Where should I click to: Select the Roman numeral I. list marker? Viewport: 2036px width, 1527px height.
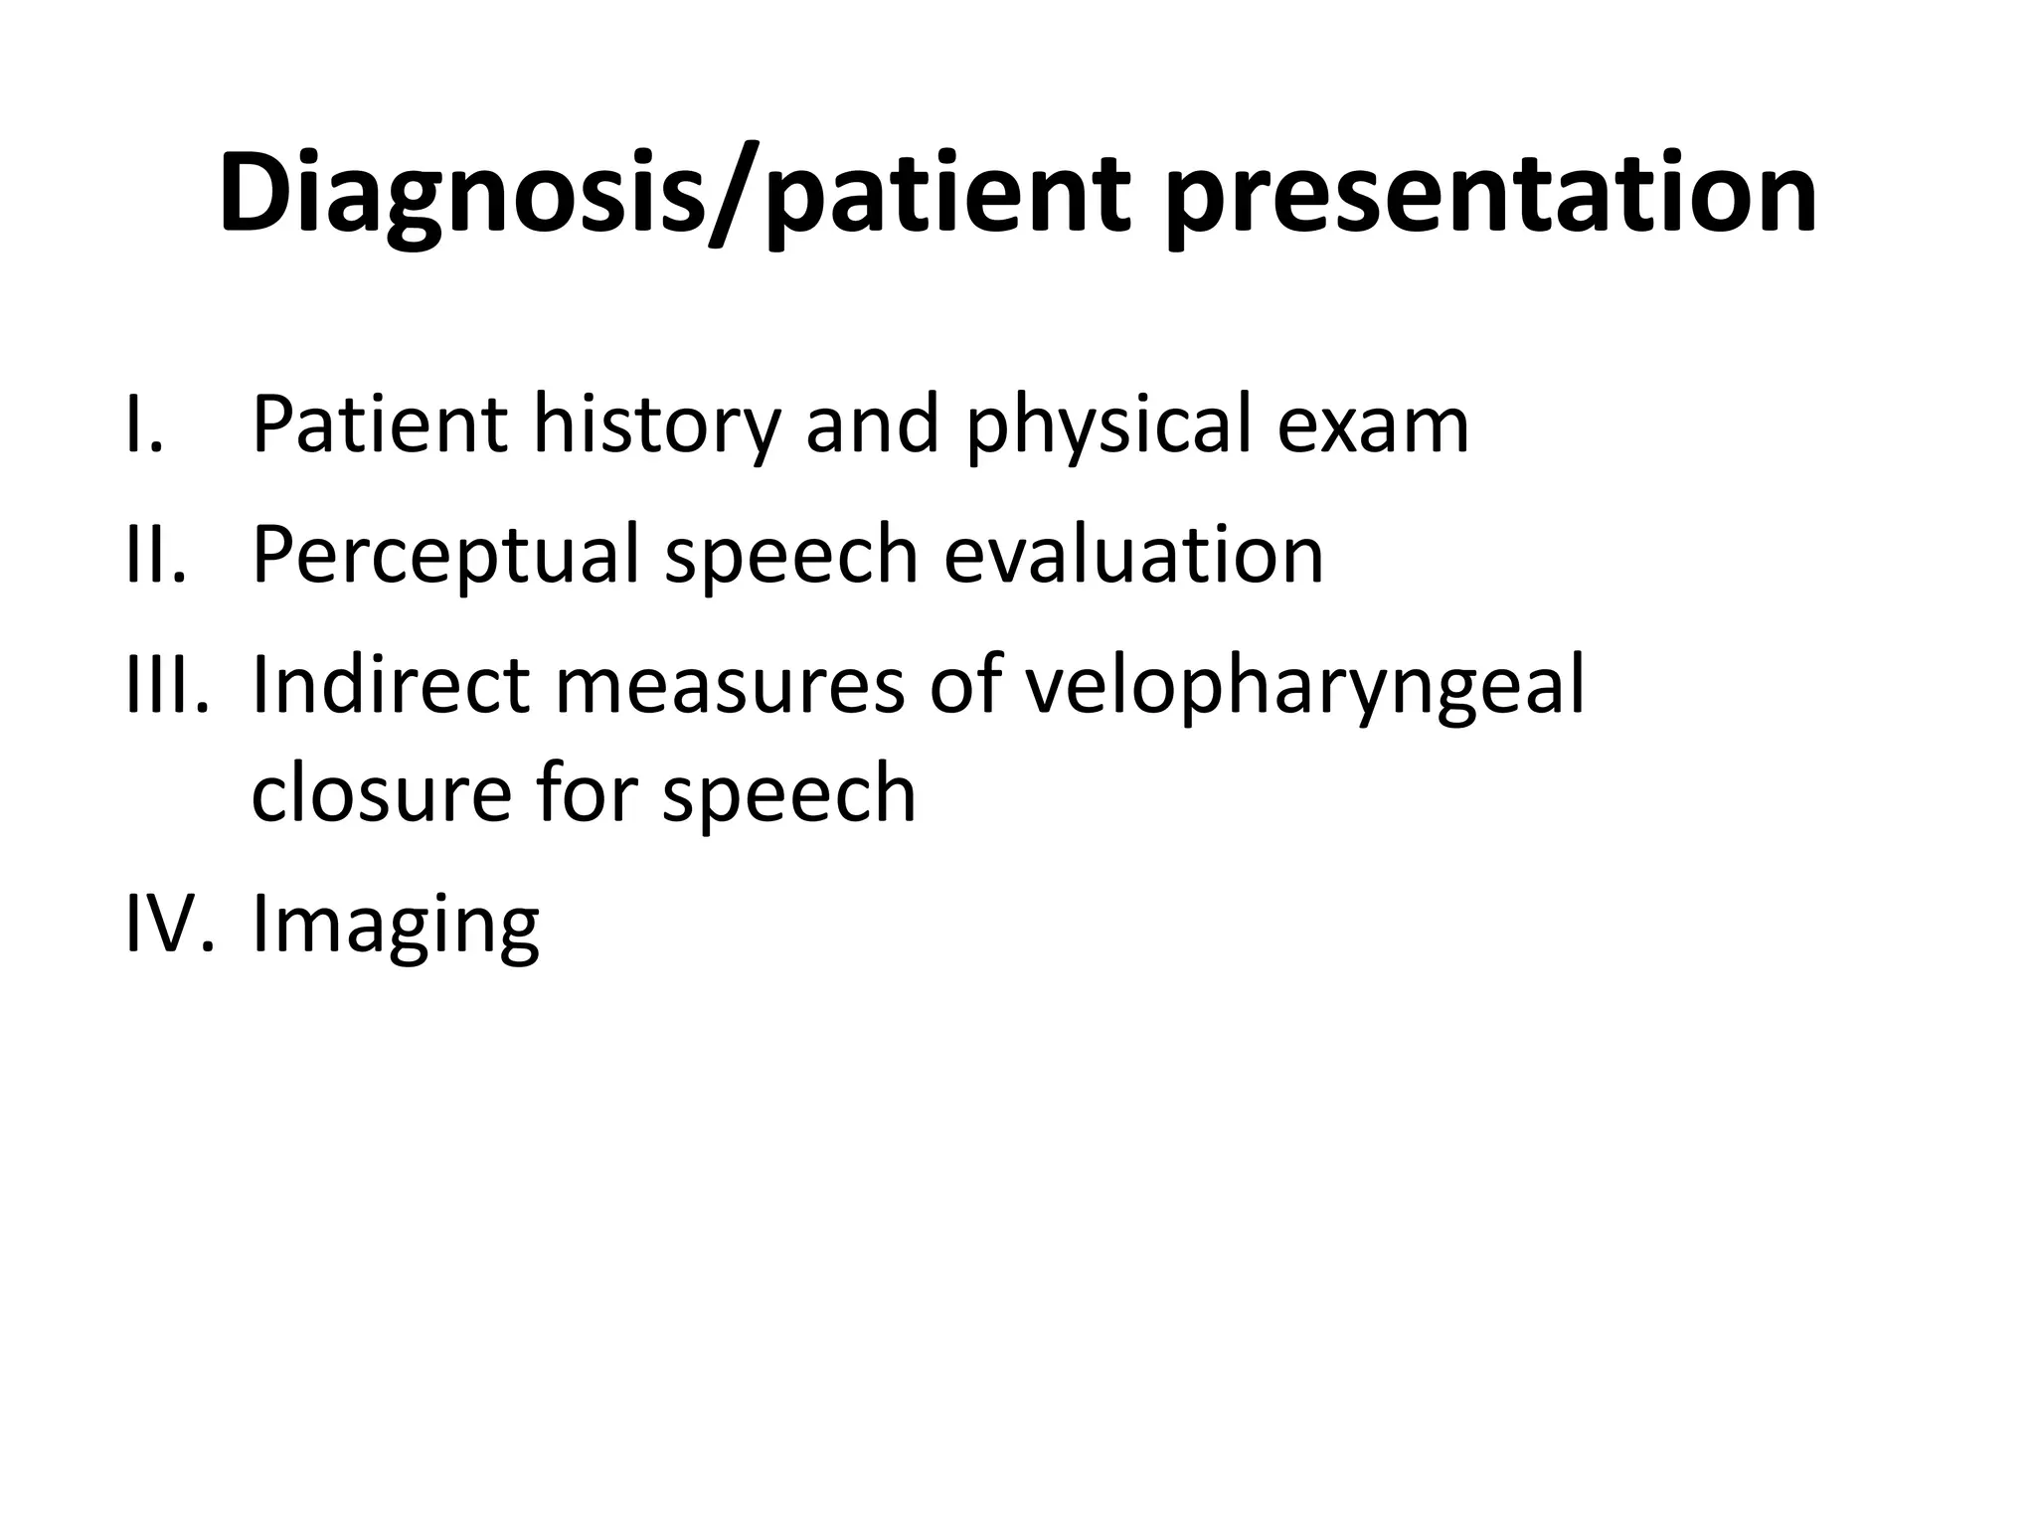(x=145, y=425)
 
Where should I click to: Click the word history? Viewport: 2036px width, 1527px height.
(x=656, y=425)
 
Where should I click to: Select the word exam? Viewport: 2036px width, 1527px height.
(x=1372, y=425)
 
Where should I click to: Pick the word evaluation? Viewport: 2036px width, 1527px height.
(x=1133, y=555)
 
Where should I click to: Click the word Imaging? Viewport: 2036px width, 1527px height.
(x=396, y=923)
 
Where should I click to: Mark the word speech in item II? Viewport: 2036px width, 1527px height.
(x=791, y=555)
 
